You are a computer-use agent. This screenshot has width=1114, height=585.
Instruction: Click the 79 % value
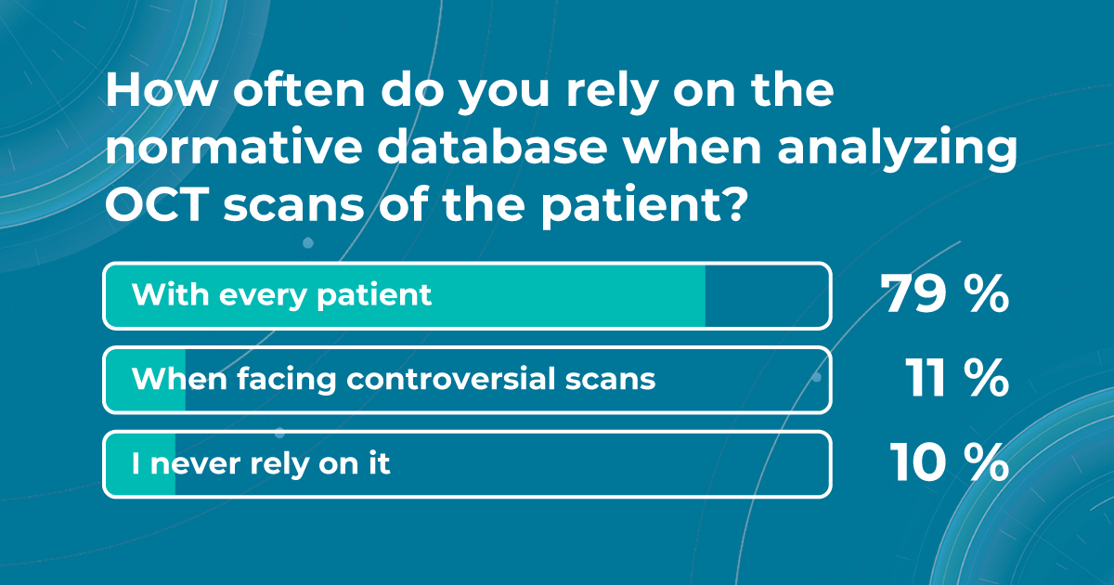(945, 295)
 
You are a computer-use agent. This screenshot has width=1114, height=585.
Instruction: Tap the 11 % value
(956, 379)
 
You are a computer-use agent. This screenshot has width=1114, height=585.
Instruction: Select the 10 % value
(949, 462)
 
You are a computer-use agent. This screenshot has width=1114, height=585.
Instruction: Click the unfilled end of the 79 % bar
(766, 295)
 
